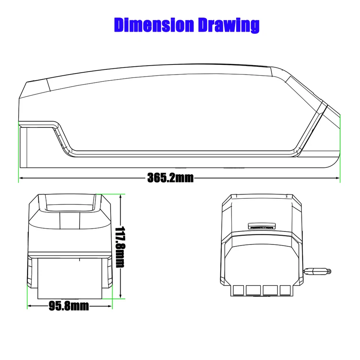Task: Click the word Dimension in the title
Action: (154, 25)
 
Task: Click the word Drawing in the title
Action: (229, 25)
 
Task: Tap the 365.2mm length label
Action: (170, 178)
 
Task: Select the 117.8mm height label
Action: (120, 247)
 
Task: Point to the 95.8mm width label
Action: (69, 306)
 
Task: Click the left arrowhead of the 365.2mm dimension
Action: (21, 178)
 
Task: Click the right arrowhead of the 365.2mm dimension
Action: (337, 178)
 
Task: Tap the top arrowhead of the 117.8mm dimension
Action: (120, 196)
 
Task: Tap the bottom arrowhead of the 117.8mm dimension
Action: (120, 296)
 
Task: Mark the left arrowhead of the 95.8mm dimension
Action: (29, 306)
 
